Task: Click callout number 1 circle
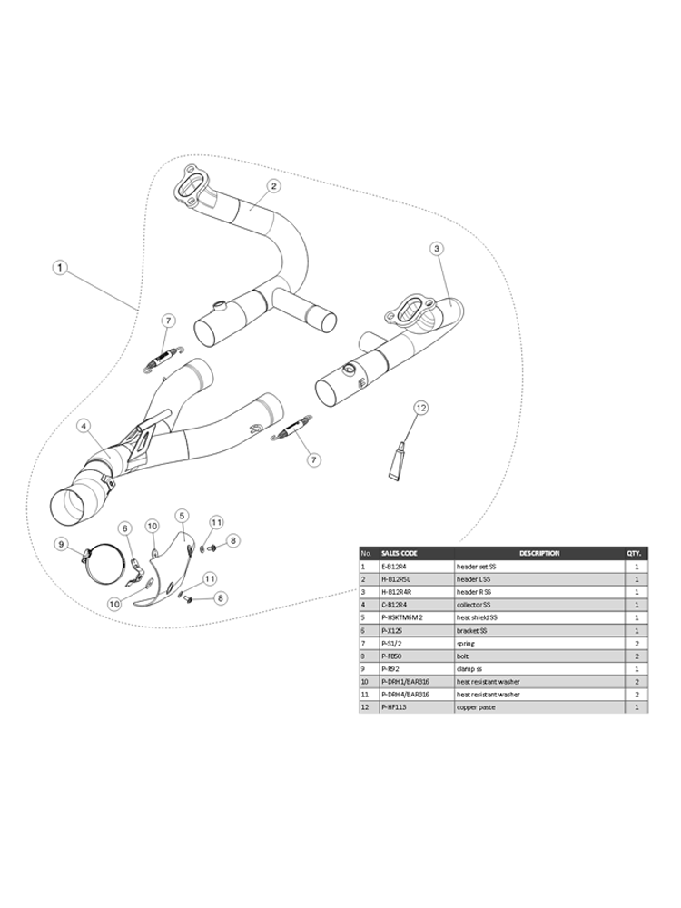point(59,269)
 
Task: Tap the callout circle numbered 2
point(274,186)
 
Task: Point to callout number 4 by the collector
point(83,426)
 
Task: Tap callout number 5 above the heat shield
point(181,516)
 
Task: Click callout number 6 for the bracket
point(126,528)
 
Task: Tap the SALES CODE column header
point(401,553)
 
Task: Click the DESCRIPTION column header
point(539,553)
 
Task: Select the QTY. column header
point(635,553)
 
